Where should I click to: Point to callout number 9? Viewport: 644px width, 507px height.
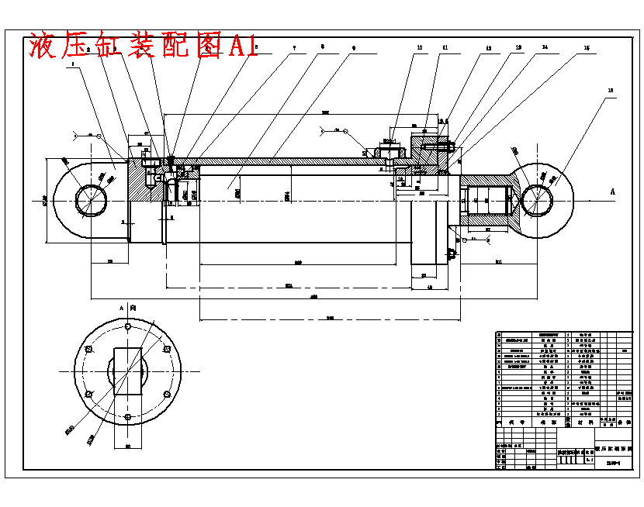353,48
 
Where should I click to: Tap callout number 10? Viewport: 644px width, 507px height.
420,48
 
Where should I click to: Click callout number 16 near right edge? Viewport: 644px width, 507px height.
611,91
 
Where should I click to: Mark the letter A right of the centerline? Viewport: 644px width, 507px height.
612,191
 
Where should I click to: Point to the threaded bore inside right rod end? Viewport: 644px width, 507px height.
486,199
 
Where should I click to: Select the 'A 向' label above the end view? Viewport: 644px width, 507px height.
128,308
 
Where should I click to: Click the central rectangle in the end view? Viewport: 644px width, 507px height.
128,372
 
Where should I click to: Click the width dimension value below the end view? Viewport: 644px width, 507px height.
128,447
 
